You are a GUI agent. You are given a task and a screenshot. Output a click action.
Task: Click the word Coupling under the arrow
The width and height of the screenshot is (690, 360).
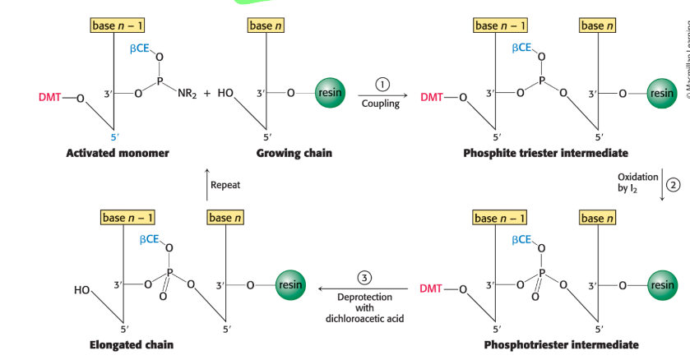point(380,104)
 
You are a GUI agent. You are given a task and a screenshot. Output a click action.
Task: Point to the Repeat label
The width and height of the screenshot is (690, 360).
point(225,185)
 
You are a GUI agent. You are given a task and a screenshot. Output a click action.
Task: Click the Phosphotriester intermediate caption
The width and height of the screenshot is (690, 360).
point(549,344)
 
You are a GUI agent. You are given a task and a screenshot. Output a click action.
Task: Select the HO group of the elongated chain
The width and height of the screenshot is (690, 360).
point(82,290)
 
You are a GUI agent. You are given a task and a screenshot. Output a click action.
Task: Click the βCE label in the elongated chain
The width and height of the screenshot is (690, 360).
point(150,238)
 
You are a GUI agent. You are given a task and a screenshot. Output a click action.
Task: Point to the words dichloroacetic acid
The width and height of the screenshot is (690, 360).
point(366,319)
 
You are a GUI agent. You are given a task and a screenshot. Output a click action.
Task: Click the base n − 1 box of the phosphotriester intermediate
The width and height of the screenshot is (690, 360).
point(501,218)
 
